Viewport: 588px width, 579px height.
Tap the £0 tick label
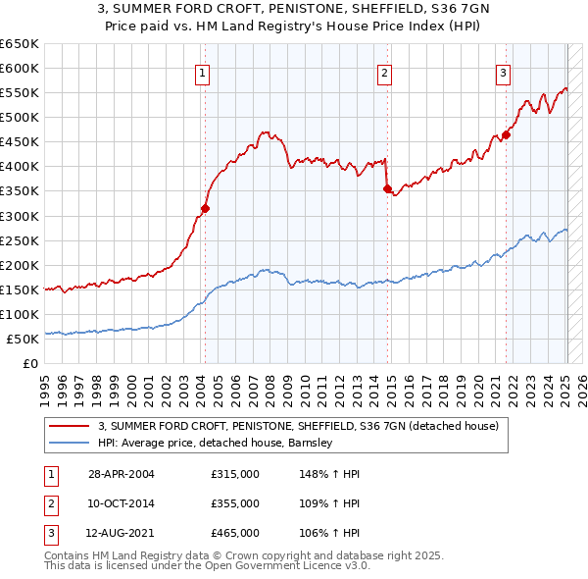(x=31, y=364)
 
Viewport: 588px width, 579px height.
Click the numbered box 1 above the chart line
(x=202, y=72)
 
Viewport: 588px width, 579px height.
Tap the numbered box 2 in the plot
(x=385, y=72)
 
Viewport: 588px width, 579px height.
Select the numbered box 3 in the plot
(x=503, y=72)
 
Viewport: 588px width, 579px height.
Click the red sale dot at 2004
(x=206, y=208)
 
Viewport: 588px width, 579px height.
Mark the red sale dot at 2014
(x=388, y=188)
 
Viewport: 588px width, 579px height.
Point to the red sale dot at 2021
(x=507, y=134)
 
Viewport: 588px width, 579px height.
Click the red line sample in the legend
(x=69, y=426)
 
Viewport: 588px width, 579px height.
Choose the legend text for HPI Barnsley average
(x=216, y=443)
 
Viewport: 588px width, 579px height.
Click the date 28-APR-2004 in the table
(x=121, y=473)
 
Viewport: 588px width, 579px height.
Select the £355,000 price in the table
(x=235, y=503)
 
